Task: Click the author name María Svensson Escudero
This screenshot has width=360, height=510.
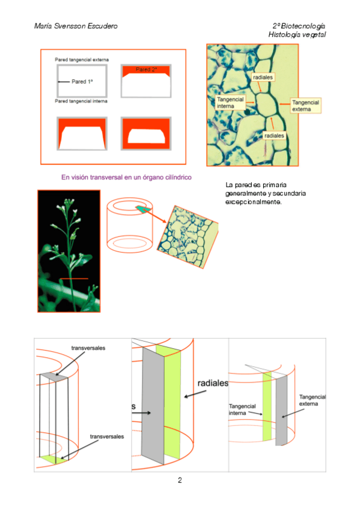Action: coord(76,26)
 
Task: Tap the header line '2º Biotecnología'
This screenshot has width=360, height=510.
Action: coord(299,26)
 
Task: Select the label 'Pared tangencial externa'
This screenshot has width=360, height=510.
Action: coord(82,60)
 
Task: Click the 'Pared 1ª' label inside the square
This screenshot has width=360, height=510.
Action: coord(82,82)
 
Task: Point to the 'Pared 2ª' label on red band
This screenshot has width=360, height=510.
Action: coord(146,70)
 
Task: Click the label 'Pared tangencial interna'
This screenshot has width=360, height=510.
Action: coord(81,101)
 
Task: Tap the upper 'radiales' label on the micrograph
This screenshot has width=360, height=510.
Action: coord(263,78)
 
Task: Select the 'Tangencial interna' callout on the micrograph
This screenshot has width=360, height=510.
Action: coord(230,103)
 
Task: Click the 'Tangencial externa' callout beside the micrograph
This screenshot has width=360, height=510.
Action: coord(305,106)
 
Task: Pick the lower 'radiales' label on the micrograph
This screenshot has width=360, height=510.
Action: coord(274,136)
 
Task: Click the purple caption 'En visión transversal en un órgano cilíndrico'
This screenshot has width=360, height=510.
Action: coord(126,177)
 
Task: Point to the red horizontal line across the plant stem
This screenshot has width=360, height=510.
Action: coord(74,278)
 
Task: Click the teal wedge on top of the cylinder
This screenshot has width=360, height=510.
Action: coord(143,209)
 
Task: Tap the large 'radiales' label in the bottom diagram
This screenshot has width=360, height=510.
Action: coord(213,383)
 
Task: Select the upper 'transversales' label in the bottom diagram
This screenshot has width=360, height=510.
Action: coord(88,348)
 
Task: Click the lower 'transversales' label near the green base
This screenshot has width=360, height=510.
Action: coord(107,437)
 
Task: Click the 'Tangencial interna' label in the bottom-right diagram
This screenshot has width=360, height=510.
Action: coord(242,410)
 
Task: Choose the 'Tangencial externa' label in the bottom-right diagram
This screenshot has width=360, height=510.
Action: coord(313,401)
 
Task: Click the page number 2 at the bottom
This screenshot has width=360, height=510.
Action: coord(180,480)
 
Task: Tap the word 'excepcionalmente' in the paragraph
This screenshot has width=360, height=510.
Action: coord(254,202)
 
